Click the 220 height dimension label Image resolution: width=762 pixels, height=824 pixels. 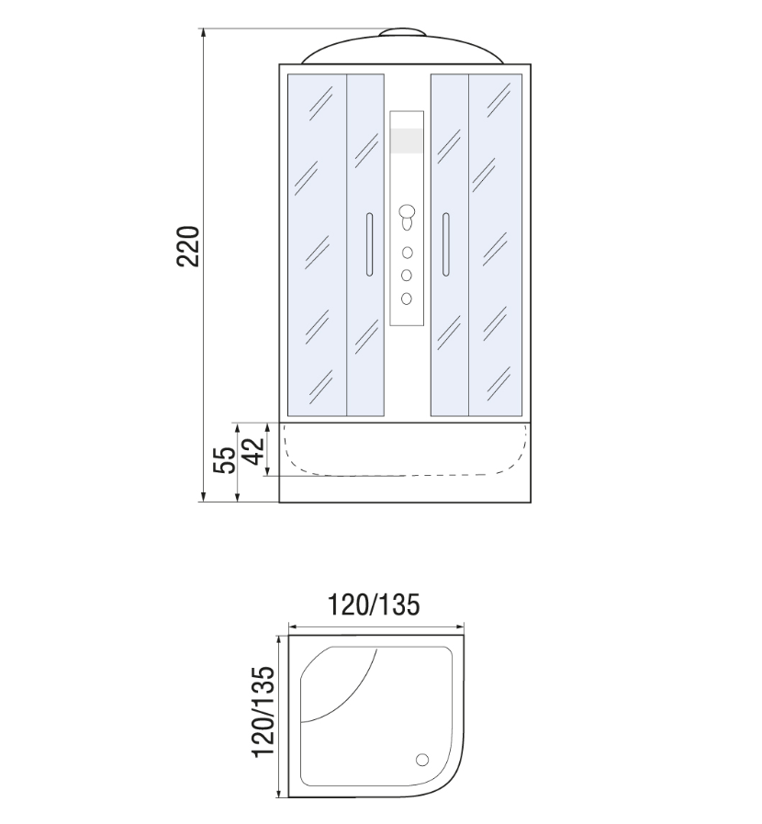[x=188, y=246]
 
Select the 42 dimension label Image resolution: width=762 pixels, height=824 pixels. [x=254, y=451]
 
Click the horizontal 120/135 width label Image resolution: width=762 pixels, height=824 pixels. [x=374, y=604]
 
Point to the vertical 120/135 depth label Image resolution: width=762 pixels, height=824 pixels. [x=263, y=712]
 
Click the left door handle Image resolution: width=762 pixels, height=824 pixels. [x=369, y=244]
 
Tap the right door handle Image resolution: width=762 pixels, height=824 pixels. [x=446, y=244]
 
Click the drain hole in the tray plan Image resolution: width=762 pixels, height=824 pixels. [x=422, y=760]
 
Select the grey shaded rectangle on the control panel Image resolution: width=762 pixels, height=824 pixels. [x=407, y=141]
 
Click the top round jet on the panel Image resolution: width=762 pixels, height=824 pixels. [x=407, y=253]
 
